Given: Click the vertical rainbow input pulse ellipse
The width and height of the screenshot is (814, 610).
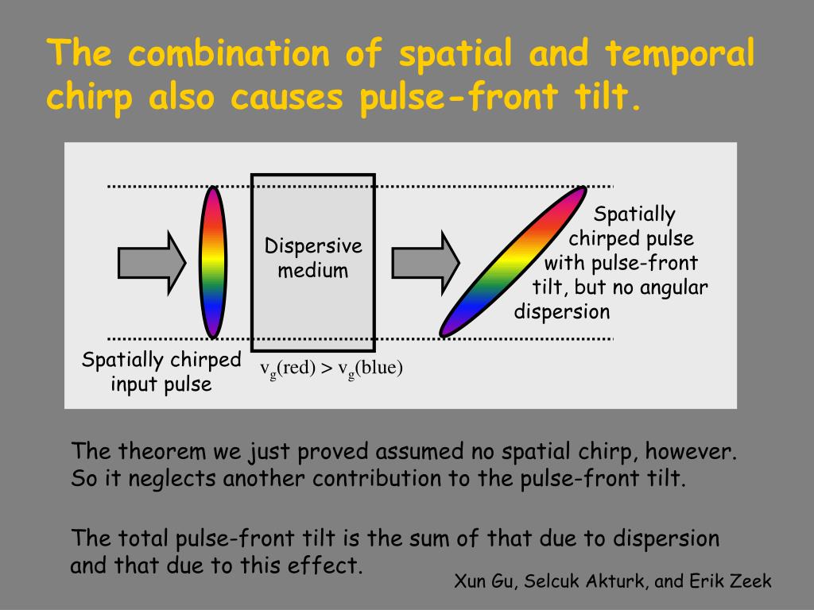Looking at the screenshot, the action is (x=212, y=261).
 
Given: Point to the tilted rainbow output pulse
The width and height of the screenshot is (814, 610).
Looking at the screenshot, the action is (x=513, y=261).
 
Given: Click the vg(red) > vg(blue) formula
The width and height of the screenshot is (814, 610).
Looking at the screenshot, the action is (x=332, y=369).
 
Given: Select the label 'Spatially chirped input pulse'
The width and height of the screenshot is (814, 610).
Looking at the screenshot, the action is (x=161, y=372).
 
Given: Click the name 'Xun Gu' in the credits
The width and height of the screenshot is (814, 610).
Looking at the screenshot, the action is (x=483, y=581).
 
